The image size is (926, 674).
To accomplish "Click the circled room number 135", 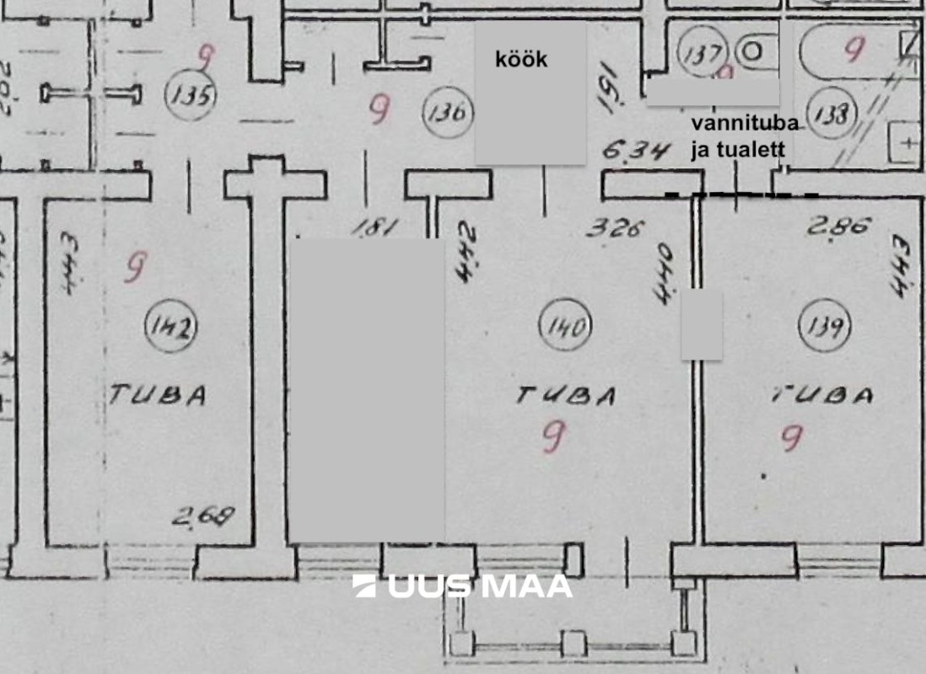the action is tap(191, 94).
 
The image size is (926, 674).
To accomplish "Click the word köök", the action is tap(520, 59).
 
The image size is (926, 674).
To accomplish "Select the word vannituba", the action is tap(745, 124).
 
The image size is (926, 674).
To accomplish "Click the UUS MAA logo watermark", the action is tap(462, 586).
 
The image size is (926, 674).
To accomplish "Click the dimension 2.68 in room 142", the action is tap(202, 516).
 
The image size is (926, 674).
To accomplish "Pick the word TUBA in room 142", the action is tap(157, 395).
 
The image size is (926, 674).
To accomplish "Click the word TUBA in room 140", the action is tap(566, 395).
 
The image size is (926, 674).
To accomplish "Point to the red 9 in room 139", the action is tap(791, 438).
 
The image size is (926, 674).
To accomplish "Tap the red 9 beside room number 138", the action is tap(853, 50).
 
